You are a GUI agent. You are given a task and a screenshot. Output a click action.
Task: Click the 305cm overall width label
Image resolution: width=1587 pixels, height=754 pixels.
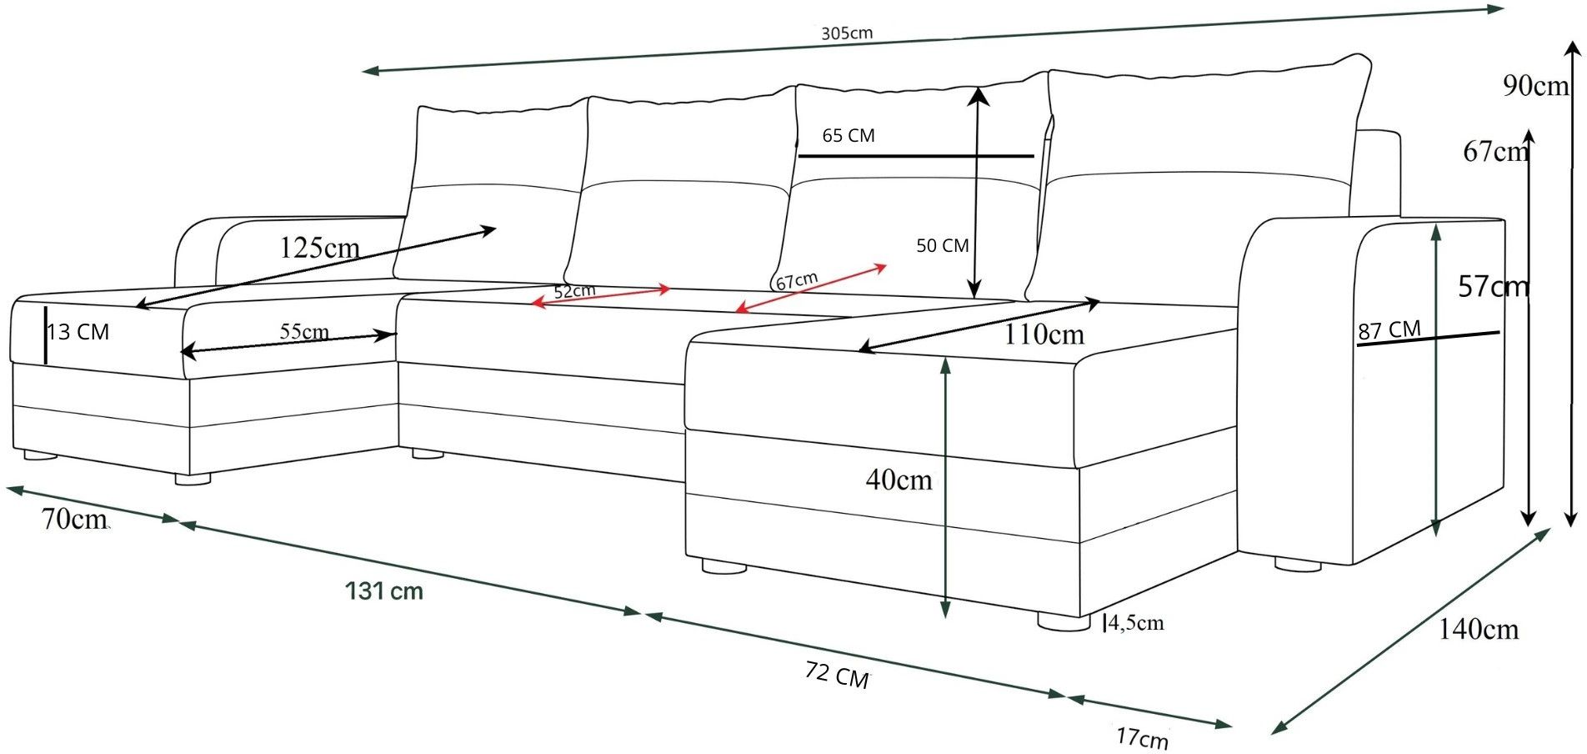(x=847, y=33)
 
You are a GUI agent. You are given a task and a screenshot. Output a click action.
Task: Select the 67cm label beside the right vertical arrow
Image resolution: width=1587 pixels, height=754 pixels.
(x=1495, y=151)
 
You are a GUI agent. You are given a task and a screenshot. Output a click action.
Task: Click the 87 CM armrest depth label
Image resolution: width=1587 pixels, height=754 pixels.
(x=1389, y=329)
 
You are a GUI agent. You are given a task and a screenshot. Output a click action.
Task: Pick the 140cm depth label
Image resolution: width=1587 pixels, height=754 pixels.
(x=1478, y=629)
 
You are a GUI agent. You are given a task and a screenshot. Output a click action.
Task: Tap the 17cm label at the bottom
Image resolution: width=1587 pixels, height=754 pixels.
(x=1142, y=737)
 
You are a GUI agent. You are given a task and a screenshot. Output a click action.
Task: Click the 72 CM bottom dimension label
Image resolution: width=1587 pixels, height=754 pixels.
(x=837, y=674)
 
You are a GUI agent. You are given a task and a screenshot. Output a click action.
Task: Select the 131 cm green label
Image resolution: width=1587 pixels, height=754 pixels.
(x=384, y=591)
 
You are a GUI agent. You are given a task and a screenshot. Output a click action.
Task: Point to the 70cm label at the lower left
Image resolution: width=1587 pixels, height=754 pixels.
(x=74, y=519)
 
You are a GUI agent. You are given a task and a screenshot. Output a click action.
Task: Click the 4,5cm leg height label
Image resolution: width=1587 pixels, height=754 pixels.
(x=1136, y=623)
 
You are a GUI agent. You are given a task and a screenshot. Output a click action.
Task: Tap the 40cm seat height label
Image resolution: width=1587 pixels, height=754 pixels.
(x=899, y=480)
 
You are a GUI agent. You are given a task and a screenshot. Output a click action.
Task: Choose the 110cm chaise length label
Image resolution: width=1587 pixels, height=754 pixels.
(x=1044, y=334)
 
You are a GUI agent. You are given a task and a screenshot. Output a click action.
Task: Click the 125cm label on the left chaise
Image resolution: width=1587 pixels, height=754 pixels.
(x=319, y=248)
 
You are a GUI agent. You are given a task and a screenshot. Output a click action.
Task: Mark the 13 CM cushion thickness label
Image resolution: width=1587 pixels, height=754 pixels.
(x=78, y=332)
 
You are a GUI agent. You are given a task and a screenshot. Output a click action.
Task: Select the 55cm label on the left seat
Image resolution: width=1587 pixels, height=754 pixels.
(x=304, y=331)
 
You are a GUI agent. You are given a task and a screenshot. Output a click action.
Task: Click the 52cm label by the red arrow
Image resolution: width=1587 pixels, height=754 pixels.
(x=575, y=291)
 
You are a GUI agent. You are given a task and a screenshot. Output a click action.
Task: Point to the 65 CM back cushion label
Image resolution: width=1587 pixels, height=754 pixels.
(x=849, y=135)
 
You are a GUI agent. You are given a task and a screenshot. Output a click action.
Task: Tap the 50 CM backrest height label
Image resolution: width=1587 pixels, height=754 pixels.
(x=943, y=245)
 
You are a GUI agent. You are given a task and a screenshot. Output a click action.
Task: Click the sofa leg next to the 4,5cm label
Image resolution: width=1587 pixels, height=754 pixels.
(x=1064, y=621)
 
